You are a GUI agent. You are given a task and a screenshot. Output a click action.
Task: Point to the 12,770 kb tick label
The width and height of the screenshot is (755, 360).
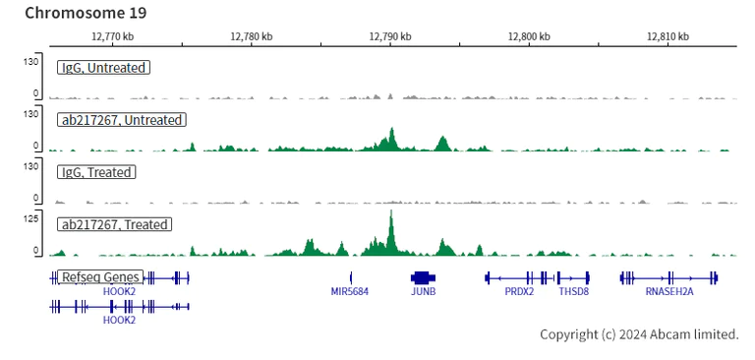click(112, 36)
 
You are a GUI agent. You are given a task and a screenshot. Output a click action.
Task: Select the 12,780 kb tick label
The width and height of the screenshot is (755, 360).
click(252, 36)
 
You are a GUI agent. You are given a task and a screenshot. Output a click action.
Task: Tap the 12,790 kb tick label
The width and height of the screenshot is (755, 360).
click(390, 36)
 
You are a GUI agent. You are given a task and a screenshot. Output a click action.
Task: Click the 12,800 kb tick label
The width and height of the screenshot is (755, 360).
click(529, 36)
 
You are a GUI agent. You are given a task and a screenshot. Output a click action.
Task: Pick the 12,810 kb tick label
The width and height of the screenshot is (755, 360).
click(668, 36)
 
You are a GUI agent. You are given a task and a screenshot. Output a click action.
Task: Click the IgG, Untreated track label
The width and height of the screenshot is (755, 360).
click(103, 68)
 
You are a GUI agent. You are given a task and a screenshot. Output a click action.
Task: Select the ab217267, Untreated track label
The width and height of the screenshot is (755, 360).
click(122, 120)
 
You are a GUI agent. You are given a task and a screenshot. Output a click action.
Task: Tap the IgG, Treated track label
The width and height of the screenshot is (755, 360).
click(96, 172)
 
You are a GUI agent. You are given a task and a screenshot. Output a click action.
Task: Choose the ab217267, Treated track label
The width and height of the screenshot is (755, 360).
click(115, 224)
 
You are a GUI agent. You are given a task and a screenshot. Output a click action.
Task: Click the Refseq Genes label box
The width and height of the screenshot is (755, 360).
click(101, 277)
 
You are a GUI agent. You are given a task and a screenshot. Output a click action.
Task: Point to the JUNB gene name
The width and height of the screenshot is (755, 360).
click(423, 292)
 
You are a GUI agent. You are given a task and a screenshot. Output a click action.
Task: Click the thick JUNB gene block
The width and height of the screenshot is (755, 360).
click(422, 278)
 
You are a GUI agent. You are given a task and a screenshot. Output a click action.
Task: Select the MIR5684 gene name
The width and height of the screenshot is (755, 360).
click(350, 292)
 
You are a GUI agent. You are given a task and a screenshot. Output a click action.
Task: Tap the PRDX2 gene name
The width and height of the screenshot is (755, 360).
click(519, 292)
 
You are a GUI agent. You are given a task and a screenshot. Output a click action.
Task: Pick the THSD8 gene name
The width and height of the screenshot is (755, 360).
click(573, 292)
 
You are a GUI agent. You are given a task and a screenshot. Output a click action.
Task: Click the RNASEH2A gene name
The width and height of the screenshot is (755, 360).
click(669, 292)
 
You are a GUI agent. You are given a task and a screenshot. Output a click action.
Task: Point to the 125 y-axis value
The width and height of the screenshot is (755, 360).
click(29, 218)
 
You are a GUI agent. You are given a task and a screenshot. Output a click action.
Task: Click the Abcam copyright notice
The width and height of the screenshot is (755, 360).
click(639, 334)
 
